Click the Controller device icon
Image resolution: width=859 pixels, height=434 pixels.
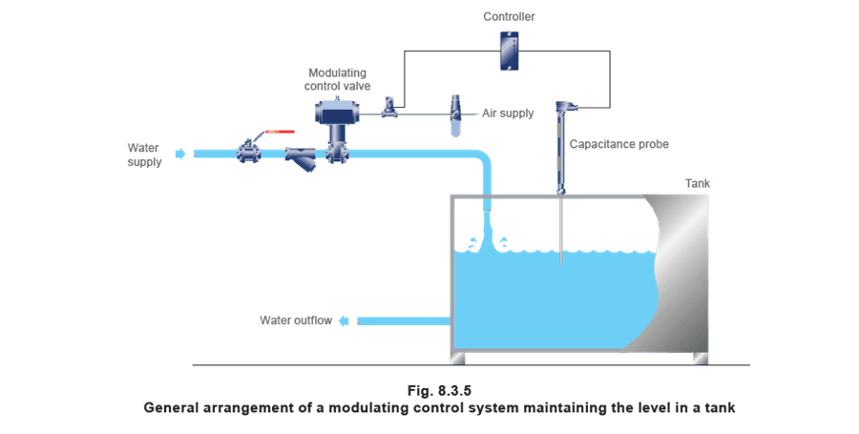[x=510, y=51]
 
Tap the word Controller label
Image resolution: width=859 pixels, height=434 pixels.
[x=509, y=17]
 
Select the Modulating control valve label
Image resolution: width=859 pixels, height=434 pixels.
[x=338, y=79]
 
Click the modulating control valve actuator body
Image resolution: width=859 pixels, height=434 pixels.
[x=338, y=113]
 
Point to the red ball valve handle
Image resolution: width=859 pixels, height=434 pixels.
[x=280, y=132]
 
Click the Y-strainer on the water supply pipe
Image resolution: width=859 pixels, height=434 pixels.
[x=301, y=158]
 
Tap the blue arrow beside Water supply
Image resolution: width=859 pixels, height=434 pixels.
[x=180, y=154]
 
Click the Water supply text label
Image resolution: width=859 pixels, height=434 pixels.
[x=144, y=155]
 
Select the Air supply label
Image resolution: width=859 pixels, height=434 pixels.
[x=508, y=114]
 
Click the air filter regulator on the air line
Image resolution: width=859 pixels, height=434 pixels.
[x=456, y=115]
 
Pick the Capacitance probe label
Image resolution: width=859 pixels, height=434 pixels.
[x=619, y=144]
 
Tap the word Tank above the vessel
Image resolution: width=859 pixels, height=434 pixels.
[x=698, y=183]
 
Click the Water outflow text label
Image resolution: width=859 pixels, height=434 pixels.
[x=296, y=320]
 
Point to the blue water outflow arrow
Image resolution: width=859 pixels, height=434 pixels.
[x=344, y=320]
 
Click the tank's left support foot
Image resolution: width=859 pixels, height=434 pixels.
[x=457, y=358]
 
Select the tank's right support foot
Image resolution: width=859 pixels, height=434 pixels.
[x=701, y=358]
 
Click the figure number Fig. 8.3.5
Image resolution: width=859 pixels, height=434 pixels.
[x=439, y=391]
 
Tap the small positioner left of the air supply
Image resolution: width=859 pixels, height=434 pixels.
[x=389, y=108]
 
